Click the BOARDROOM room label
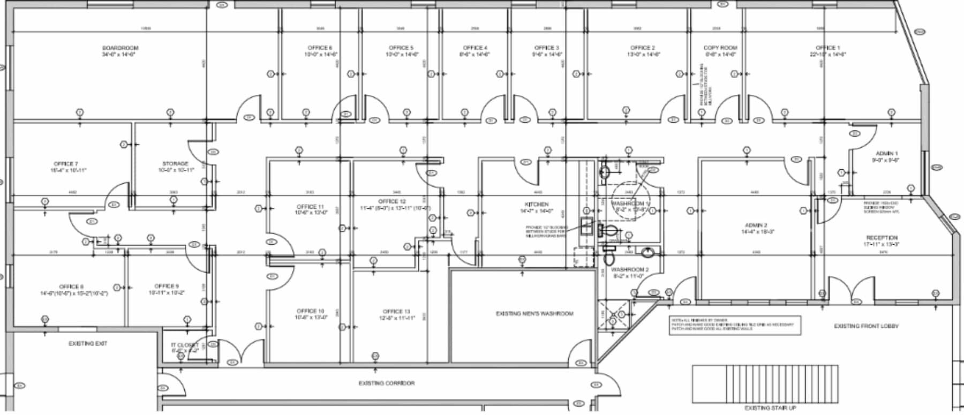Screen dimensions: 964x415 tap(120, 48)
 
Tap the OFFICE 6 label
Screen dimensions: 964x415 tap(320, 48)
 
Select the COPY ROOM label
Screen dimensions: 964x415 tap(720, 48)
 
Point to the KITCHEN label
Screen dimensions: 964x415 tap(537, 205)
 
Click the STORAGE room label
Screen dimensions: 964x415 tap(175, 164)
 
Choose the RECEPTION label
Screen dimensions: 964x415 tap(882, 238)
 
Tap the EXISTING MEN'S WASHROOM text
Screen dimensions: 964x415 tap(534, 314)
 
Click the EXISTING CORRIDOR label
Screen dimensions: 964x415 tap(386, 383)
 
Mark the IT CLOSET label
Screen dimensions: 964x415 tap(184, 345)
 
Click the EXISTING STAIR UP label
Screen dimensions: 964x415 tap(770, 408)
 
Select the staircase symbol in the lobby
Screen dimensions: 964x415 tap(765, 383)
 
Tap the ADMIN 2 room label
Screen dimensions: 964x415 tap(756, 225)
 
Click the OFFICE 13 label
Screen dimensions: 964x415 tap(396, 312)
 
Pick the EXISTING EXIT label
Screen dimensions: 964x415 tap(88, 344)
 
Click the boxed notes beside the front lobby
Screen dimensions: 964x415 tap(735, 325)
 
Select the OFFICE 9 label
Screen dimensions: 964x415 tap(167, 286)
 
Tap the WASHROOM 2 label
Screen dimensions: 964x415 tap(630, 270)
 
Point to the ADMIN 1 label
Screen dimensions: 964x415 tap(887, 154)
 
